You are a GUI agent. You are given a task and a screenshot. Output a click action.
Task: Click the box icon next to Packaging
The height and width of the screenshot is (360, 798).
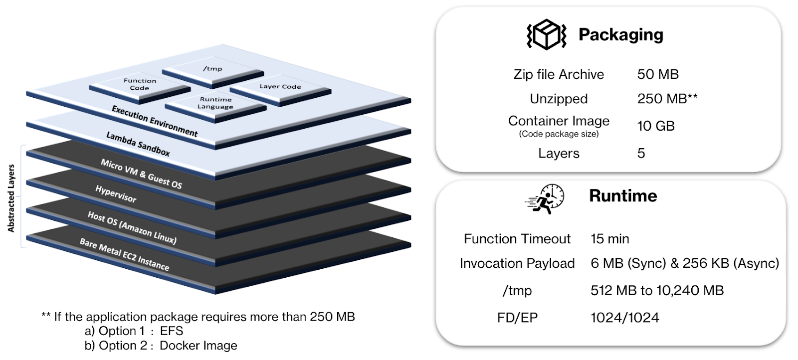pyautogui.click(x=546, y=34)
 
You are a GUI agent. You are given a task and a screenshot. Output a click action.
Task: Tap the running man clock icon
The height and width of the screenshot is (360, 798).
pyautogui.click(x=545, y=198)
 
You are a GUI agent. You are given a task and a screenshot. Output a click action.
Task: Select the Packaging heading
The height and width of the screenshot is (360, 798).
pyautogui.click(x=620, y=34)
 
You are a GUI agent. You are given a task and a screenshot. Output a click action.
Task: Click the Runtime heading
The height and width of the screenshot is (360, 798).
pyautogui.click(x=623, y=195)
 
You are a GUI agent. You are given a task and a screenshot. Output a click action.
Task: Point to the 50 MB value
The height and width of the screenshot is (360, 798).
pyautogui.click(x=657, y=74)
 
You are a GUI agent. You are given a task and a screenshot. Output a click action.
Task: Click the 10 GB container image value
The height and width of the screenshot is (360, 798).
pyautogui.click(x=655, y=126)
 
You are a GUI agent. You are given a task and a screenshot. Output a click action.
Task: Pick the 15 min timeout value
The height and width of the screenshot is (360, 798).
pyautogui.click(x=609, y=239)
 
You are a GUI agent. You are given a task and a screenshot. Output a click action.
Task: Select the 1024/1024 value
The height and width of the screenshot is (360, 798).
pyautogui.click(x=624, y=318)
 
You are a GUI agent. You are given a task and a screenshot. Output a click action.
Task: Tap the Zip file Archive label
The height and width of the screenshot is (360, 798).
pyautogui.click(x=559, y=74)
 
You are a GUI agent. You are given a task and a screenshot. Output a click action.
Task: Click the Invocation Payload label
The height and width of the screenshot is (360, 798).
pyautogui.click(x=517, y=263)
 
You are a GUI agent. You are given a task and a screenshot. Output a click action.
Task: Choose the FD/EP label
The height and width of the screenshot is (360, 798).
pyautogui.click(x=517, y=318)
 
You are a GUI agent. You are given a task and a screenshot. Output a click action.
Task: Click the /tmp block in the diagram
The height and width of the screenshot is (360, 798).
pyautogui.click(x=212, y=69)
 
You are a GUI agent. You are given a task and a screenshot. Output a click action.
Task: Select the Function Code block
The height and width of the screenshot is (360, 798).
pyautogui.click(x=140, y=84)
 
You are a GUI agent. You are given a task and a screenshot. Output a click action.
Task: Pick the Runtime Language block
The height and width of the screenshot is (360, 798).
pyautogui.click(x=215, y=103)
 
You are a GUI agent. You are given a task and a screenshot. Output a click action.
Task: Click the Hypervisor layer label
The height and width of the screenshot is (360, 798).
pyautogui.click(x=116, y=194)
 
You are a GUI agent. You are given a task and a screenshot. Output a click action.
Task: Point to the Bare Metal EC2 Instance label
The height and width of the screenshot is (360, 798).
pyautogui.click(x=124, y=254)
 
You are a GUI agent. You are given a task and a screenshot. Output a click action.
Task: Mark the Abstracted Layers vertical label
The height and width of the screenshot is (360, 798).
pyautogui.click(x=11, y=198)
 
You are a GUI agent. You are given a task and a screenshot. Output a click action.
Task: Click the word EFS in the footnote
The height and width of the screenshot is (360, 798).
pyautogui.click(x=172, y=331)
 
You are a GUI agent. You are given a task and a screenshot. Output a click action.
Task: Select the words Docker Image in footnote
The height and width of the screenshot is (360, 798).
pyautogui.click(x=198, y=346)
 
